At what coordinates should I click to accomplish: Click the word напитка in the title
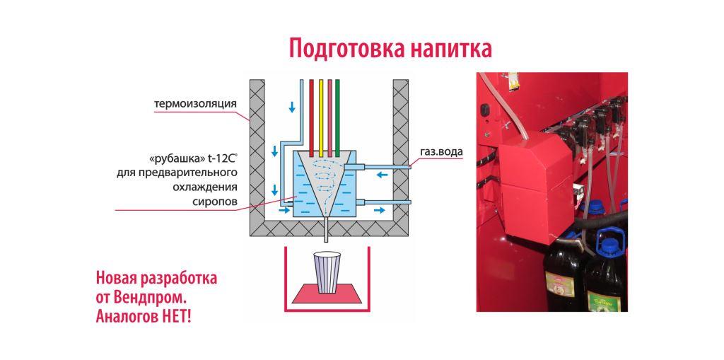coord(445,49)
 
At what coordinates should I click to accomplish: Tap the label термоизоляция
coord(195,103)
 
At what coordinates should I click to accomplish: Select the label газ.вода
coord(441,151)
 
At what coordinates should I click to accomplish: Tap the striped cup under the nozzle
coord(327,272)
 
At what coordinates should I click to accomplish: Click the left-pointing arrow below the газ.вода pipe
coord(383,175)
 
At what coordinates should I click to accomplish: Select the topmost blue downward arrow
coord(292,108)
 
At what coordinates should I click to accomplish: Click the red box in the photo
coord(536,187)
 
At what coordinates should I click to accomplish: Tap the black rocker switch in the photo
coord(484,110)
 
